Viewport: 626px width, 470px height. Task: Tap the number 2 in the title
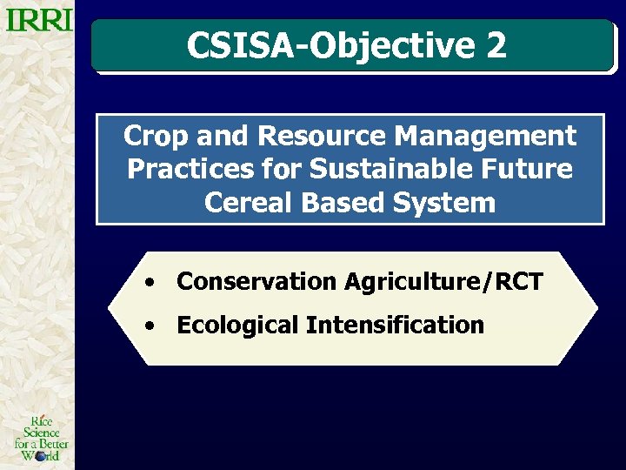[496, 45]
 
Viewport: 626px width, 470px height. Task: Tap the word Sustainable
[369, 170]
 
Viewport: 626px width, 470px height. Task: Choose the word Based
[337, 204]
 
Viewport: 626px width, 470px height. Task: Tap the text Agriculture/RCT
[443, 282]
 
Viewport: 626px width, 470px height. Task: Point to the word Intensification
[395, 326]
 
